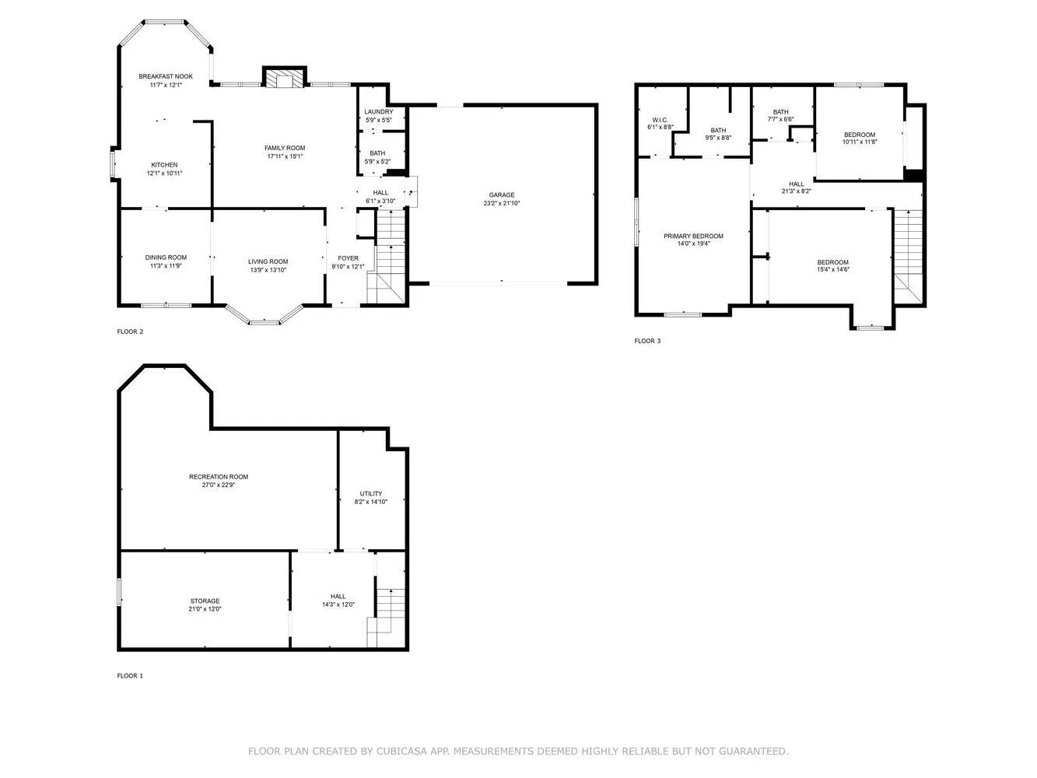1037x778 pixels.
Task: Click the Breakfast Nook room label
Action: (166, 76)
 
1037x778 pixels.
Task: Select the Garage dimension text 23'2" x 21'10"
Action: (502, 204)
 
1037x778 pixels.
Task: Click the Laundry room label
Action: (379, 112)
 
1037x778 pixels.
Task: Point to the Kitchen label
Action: (164, 165)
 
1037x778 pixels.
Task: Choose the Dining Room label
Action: (166, 258)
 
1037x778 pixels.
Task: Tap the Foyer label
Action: (348, 258)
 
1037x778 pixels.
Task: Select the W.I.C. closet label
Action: (660, 120)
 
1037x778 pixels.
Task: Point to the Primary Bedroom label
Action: (693, 237)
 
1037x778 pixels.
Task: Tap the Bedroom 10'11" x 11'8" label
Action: (860, 135)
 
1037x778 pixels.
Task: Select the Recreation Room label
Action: (219, 477)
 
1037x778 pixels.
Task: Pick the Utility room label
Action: (371, 494)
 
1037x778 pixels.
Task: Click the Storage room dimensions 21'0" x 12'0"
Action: (205, 610)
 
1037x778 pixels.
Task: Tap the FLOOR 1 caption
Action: (130, 676)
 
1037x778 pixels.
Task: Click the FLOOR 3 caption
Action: (647, 341)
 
